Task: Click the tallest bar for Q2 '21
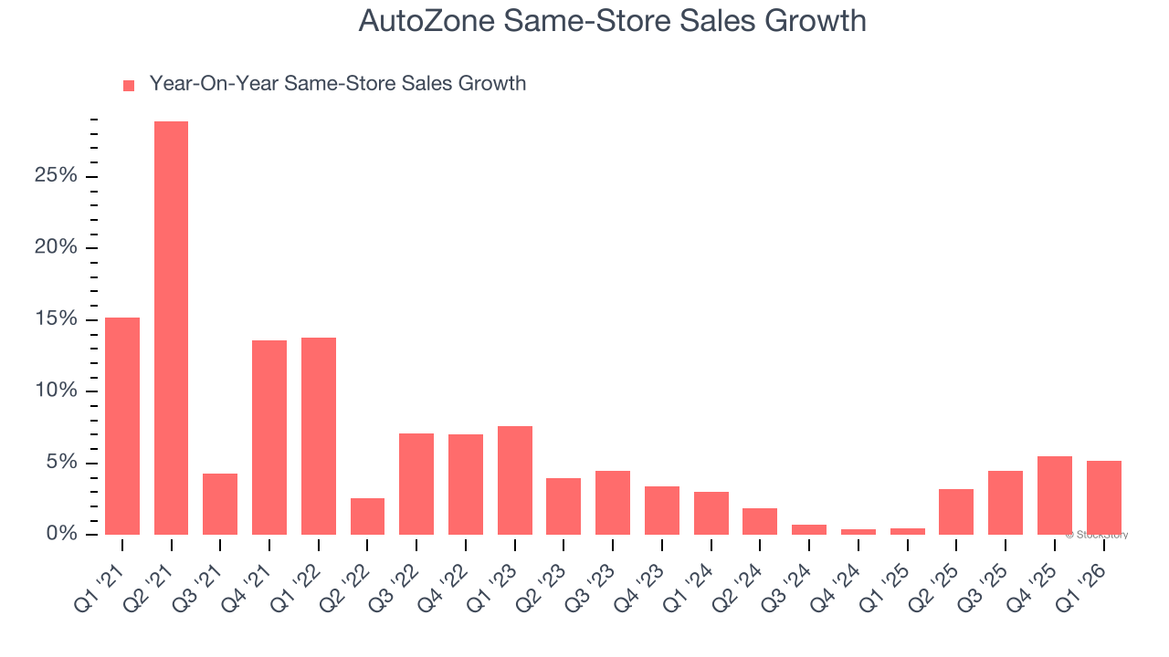pos(171,328)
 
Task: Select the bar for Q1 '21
pos(122,426)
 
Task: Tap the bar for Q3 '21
pos(220,504)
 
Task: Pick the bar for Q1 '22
pos(319,436)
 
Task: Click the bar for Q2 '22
pos(367,516)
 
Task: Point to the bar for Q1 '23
pos(515,480)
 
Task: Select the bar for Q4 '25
pos(1054,495)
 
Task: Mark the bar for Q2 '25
pos(956,512)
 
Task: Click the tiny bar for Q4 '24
pos(858,532)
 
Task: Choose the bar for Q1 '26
pos(1103,497)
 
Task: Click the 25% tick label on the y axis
pos(56,176)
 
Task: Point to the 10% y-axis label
pos(56,391)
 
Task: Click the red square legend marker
pos(129,86)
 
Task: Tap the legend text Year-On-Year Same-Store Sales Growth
pos(337,84)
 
